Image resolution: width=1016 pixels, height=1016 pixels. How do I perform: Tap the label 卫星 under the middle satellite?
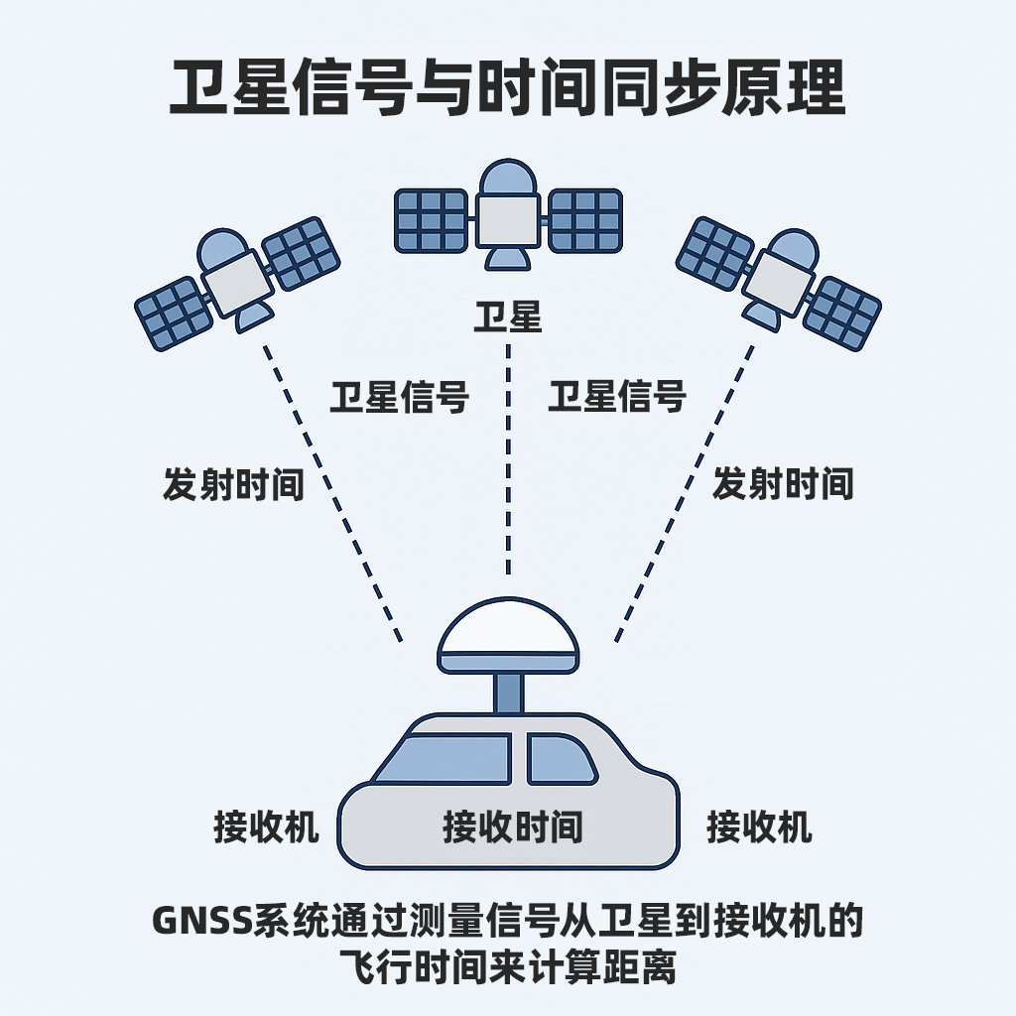pyautogui.click(x=507, y=318)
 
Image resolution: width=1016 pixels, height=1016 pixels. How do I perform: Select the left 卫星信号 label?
pyautogui.click(x=399, y=397)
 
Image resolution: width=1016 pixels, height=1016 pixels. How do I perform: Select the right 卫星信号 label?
pyautogui.click(x=617, y=397)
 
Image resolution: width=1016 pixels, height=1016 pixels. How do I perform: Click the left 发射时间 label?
pyautogui.click(x=233, y=484)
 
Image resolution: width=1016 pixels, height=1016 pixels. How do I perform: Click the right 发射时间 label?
pyautogui.click(x=783, y=484)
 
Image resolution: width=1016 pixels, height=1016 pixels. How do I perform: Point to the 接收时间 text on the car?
pyautogui.click(x=512, y=825)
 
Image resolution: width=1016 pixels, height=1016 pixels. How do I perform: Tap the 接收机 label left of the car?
pyautogui.click(x=267, y=825)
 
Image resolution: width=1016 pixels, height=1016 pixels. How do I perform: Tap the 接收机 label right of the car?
pyautogui.click(x=759, y=825)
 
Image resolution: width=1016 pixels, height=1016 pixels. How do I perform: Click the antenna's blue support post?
pyautogui.click(x=508, y=693)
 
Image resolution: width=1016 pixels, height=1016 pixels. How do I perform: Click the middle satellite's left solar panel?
pyautogui.click(x=432, y=219)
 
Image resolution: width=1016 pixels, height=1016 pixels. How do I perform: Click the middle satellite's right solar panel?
pyautogui.click(x=585, y=219)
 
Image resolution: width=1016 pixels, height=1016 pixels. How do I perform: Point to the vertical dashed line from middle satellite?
pyautogui.click(x=508, y=466)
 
